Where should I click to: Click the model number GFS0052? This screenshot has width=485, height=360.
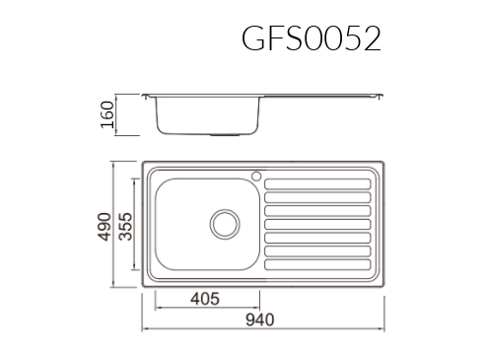[x=312, y=38]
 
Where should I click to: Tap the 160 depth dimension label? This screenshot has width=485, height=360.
[x=107, y=114]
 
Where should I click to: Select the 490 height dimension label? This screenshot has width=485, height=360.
[x=104, y=227]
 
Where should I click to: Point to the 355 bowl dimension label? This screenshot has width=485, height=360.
[x=125, y=227]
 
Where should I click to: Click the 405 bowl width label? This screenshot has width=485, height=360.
[x=205, y=299]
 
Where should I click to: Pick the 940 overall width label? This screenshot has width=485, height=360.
[x=260, y=320]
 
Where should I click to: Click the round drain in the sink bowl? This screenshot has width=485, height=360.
[x=225, y=224]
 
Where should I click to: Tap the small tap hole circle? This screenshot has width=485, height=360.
[x=256, y=177]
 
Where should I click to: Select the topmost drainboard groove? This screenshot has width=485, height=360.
[x=317, y=184]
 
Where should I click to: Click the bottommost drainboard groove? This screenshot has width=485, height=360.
[x=317, y=264]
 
